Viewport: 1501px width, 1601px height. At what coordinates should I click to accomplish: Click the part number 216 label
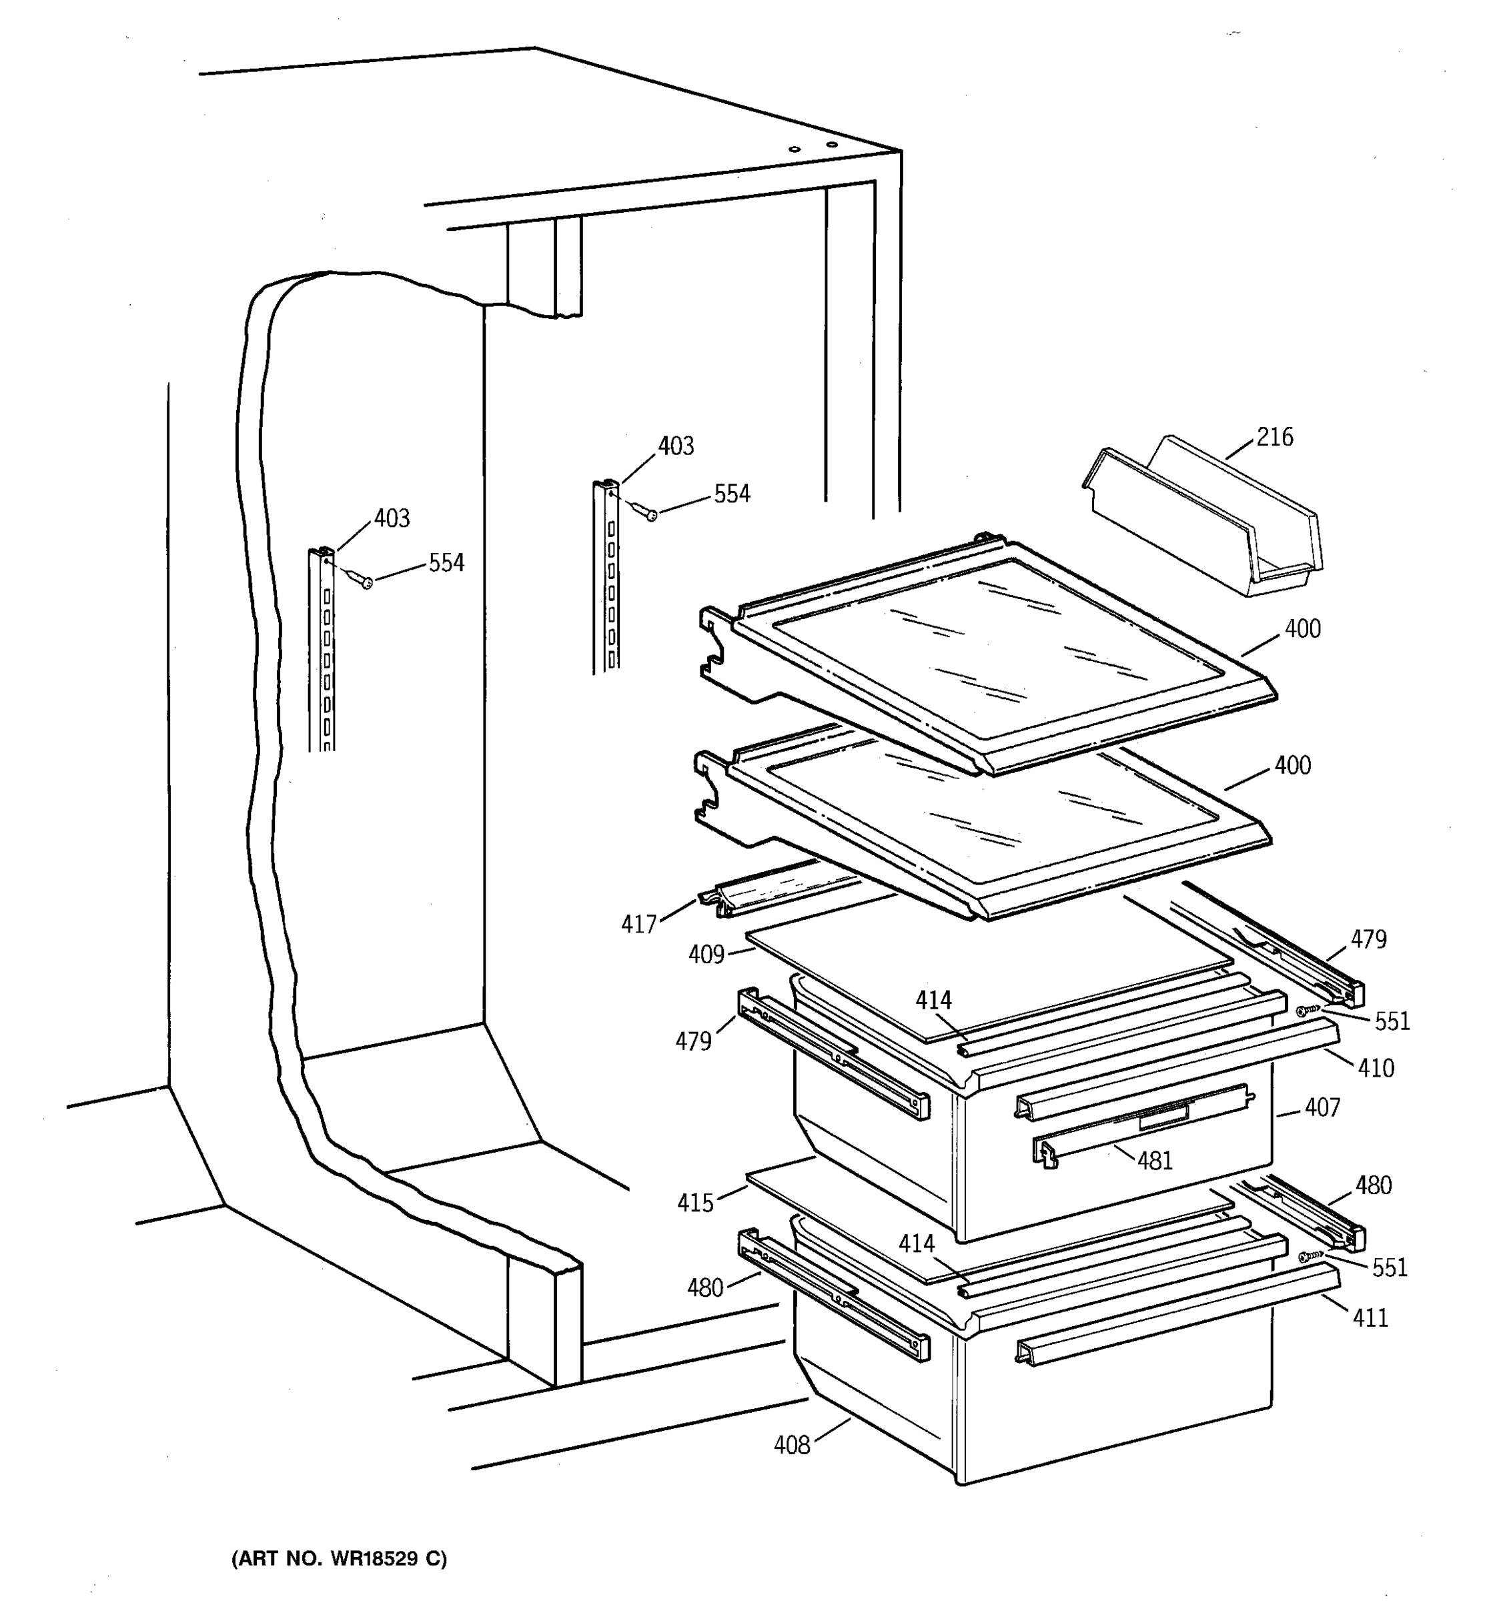pyautogui.click(x=1275, y=438)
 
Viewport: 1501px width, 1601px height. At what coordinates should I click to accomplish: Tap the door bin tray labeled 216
pyautogui.click(x=1205, y=524)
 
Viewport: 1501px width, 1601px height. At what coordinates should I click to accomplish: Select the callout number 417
pyautogui.click(x=638, y=924)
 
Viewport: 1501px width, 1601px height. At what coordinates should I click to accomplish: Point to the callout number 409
pyautogui.click(x=706, y=955)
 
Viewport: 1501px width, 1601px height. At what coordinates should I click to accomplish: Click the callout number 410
pyautogui.click(x=1376, y=1068)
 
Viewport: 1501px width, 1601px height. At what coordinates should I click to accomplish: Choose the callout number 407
pyautogui.click(x=1322, y=1107)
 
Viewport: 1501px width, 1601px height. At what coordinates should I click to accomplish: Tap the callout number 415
pyautogui.click(x=695, y=1203)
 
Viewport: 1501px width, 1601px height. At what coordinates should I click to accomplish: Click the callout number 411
pyautogui.click(x=1370, y=1317)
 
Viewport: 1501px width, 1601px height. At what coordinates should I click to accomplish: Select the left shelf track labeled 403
pyautogui.click(x=322, y=652)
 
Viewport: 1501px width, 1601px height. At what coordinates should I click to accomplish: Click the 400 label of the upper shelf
pyautogui.click(x=1302, y=628)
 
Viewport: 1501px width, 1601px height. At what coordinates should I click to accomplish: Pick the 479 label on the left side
pyautogui.click(x=693, y=1041)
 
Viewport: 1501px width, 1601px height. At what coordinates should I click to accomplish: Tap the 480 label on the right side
pyautogui.click(x=1373, y=1185)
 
